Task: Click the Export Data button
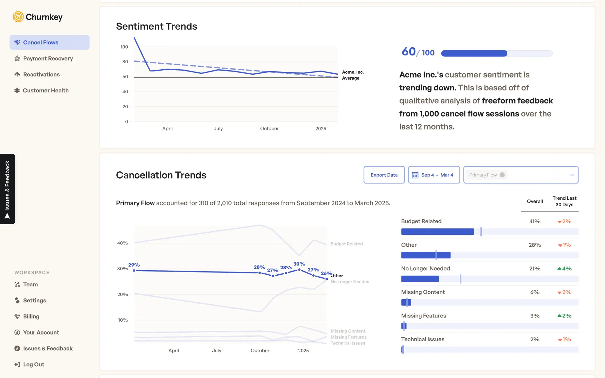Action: pyautogui.click(x=384, y=175)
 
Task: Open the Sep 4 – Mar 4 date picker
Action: pyautogui.click(x=434, y=175)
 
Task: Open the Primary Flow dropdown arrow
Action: pyautogui.click(x=571, y=175)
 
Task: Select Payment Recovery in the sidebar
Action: pyautogui.click(x=48, y=59)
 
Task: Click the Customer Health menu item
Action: pyautogui.click(x=46, y=90)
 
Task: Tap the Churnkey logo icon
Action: pyautogui.click(x=18, y=17)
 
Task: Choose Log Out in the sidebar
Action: pyautogui.click(x=33, y=364)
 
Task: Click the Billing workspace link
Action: pyautogui.click(x=31, y=316)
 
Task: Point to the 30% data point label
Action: pyautogui.click(x=299, y=264)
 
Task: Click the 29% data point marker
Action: pyautogui.click(x=134, y=271)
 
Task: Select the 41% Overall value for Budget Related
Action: pyautogui.click(x=535, y=221)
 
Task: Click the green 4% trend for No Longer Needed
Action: pyautogui.click(x=564, y=269)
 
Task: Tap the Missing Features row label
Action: pyautogui.click(x=423, y=316)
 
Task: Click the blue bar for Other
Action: pyautogui.click(x=425, y=255)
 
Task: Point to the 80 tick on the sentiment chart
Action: pyautogui.click(x=125, y=62)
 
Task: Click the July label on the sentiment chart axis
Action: pyautogui.click(x=218, y=129)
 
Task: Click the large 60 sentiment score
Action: pyautogui.click(x=409, y=52)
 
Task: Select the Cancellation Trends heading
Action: pyautogui.click(x=161, y=175)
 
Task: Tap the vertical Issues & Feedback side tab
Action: pyautogui.click(x=8, y=189)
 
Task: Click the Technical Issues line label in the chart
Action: pyautogui.click(x=348, y=343)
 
